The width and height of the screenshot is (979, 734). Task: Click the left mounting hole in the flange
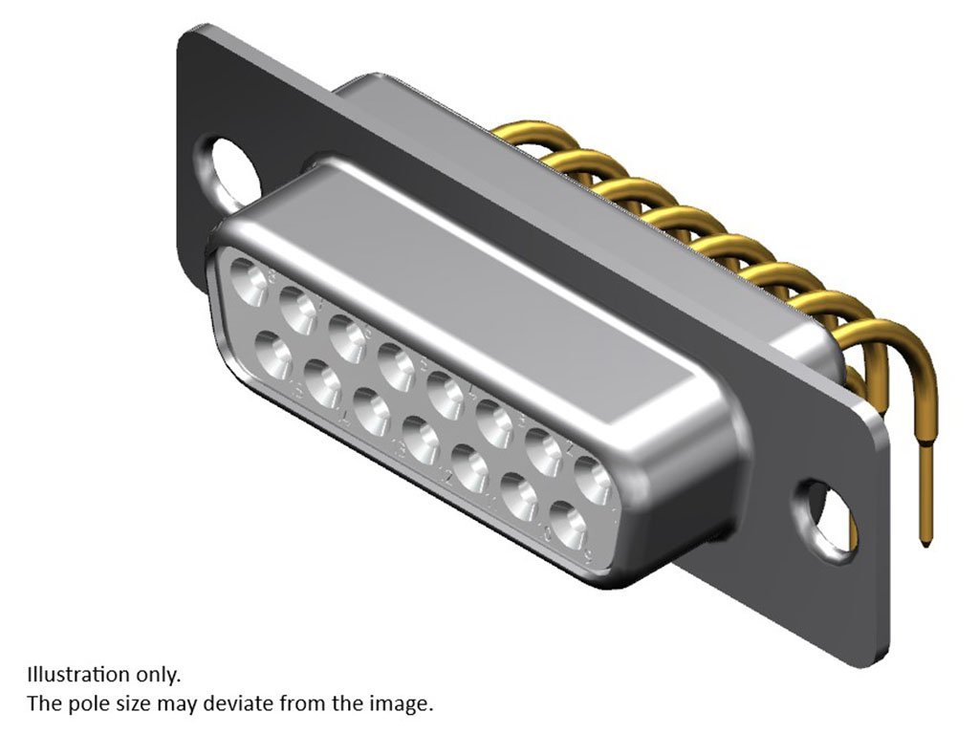pyautogui.click(x=228, y=170)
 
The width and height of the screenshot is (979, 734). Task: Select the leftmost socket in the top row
pyautogui.click(x=249, y=282)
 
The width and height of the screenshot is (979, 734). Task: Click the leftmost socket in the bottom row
pyautogui.click(x=273, y=355)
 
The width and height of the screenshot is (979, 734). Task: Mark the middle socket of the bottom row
pyautogui.click(x=422, y=440)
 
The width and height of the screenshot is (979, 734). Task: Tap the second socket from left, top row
pyautogui.click(x=298, y=311)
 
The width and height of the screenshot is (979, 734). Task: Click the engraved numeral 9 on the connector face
pyautogui.click(x=588, y=552)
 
